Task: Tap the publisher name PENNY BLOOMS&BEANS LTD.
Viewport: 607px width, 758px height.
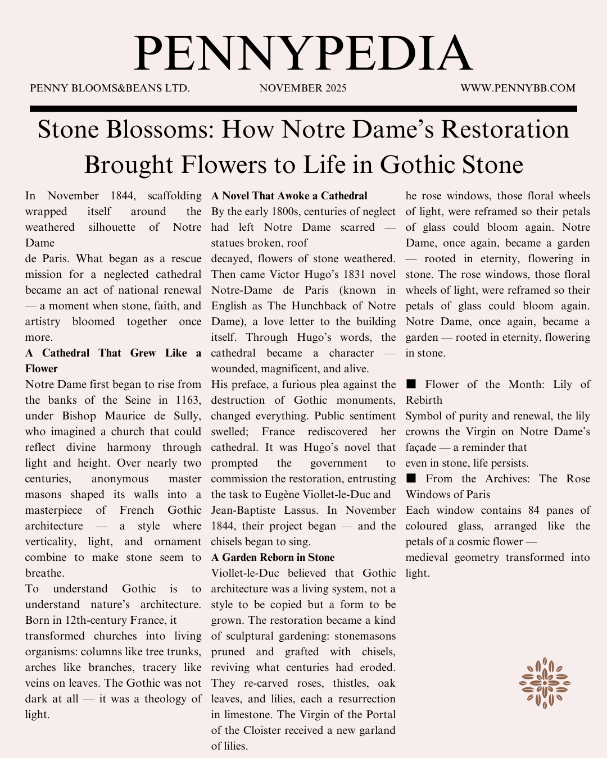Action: (110, 88)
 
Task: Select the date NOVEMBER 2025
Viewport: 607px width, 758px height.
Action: (303, 88)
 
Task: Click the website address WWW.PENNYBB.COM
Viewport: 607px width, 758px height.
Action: (518, 88)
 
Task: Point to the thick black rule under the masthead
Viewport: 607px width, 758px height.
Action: (303, 108)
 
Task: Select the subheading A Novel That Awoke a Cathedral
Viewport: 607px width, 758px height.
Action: (289, 196)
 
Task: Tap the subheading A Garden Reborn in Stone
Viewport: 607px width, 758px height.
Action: (273, 558)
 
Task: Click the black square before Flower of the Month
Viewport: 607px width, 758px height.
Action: (411, 384)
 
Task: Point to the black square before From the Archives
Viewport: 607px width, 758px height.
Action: (411, 478)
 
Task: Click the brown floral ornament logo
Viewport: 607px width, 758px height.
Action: (544, 683)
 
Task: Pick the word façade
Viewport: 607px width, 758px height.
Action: (421, 448)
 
